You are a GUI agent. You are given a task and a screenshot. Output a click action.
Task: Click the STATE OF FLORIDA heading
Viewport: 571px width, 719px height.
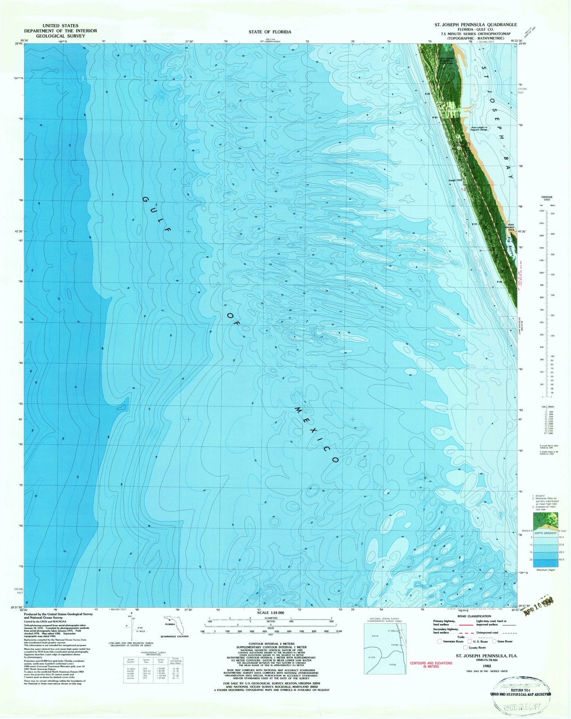pos(270,32)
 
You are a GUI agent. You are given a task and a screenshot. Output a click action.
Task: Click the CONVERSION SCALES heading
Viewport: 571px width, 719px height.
pos(547,198)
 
